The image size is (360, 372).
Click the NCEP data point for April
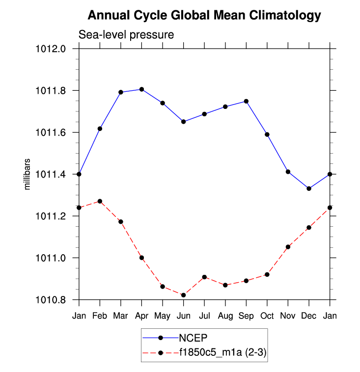[141, 89]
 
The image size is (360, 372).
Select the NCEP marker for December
[309, 188]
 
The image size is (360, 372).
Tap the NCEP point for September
[246, 101]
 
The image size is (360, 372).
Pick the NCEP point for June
[184, 121]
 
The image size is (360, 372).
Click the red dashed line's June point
[184, 295]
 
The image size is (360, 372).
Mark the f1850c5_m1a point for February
[100, 201]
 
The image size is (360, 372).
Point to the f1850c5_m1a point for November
[288, 247]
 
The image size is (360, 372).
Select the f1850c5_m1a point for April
[141, 258]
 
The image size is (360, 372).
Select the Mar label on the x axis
[121, 316]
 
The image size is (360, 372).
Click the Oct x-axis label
[267, 316]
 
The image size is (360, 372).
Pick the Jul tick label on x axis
[204, 316]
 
